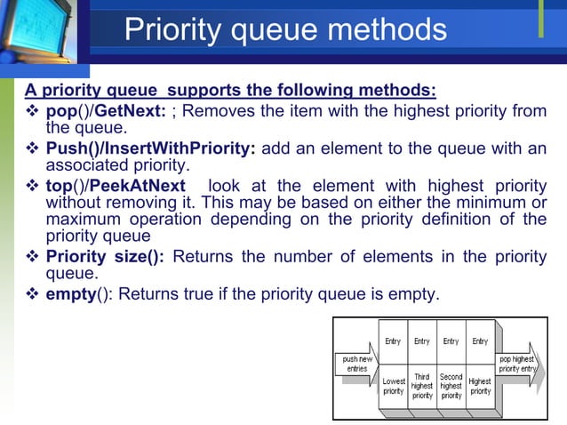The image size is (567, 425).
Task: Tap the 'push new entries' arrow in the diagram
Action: (358, 365)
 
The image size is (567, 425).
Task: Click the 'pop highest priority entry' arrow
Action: (516, 364)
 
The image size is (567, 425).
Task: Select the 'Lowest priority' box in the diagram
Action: (394, 386)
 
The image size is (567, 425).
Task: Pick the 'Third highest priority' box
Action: (422, 386)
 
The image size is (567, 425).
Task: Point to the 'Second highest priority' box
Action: (451, 386)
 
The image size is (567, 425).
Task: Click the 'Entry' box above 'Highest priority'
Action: (480, 342)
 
